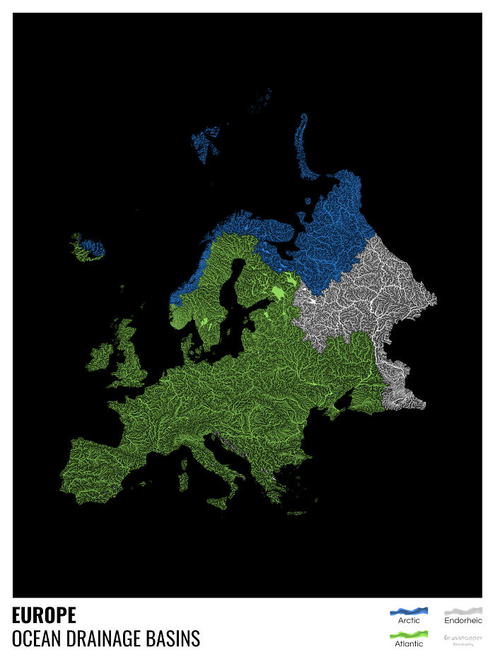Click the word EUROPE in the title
(x=44, y=615)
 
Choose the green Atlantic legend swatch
(x=409, y=634)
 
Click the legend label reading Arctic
(x=409, y=621)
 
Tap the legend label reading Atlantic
(x=409, y=644)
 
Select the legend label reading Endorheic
(x=463, y=621)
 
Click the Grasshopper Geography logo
(x=463, y=639)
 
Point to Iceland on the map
(x=88, y=248)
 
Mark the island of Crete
(x=297, y=513)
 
